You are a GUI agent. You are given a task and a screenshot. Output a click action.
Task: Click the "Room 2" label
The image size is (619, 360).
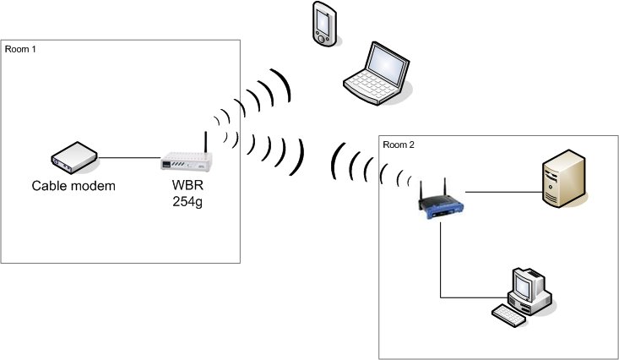point(399,144)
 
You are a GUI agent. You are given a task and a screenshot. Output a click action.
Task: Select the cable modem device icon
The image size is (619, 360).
point(72,157)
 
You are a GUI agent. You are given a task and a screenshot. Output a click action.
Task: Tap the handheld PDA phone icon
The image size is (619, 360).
point(322,23)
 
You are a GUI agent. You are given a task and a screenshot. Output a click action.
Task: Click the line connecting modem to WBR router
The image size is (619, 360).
point(128,158)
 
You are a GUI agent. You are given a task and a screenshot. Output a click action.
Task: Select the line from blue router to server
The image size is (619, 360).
point(502,191)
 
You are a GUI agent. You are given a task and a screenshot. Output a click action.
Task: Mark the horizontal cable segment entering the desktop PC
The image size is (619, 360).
point(473,297)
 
